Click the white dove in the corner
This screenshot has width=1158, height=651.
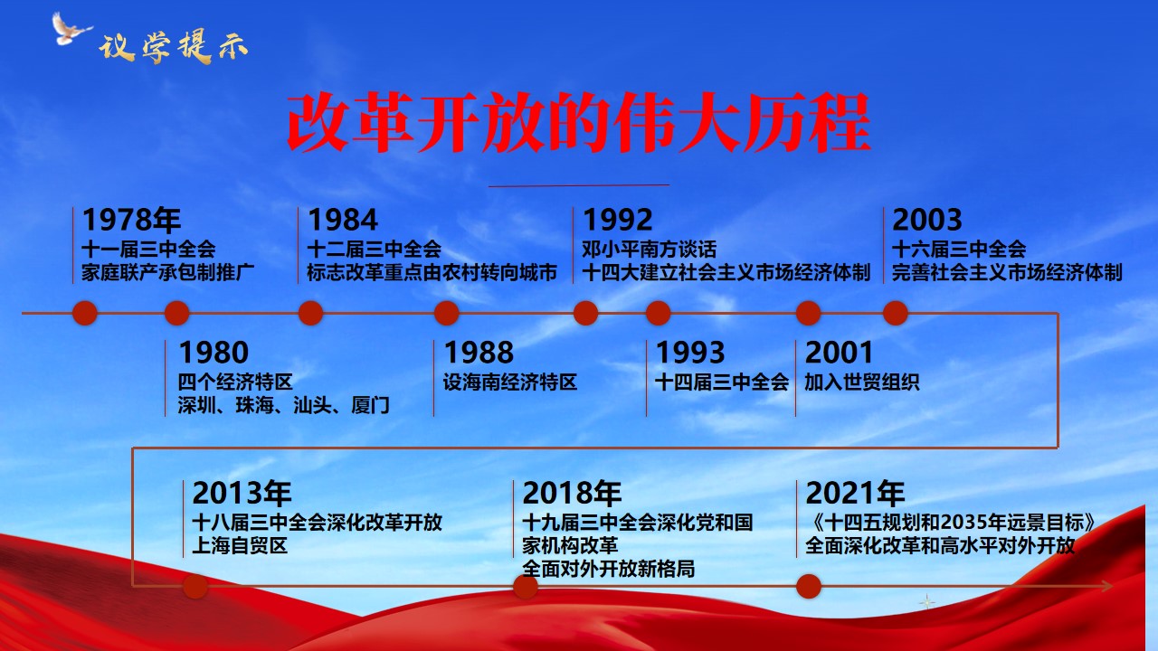coord(71,29)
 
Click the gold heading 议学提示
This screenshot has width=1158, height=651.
coord(173,48)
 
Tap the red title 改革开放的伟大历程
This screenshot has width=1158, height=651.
coord(579,122)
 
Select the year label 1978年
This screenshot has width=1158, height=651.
coord(131,220)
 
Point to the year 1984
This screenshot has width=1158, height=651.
coord(343,220)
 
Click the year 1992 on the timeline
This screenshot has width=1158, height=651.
coord(617,220)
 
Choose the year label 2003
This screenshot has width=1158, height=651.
coord(927,220)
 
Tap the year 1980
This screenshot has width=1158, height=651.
coord(214,353)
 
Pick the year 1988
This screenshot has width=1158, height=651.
coord(479,353)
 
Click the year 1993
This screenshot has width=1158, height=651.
coord(690,353)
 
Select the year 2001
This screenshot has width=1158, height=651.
coord(839,353)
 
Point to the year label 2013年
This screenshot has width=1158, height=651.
coord(242,493)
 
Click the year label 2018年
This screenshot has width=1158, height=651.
coord(572,493)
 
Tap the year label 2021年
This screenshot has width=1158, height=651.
coord(855,493)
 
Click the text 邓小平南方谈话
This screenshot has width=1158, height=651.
coord(650,250)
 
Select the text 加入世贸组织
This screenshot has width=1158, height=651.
coord(862,382)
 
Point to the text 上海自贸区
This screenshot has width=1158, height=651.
coord(240,545)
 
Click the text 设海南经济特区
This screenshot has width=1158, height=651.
coord(509,382)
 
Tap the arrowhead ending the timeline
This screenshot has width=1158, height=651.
coord(1106,586)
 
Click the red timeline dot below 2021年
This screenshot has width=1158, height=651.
coord(809,587)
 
